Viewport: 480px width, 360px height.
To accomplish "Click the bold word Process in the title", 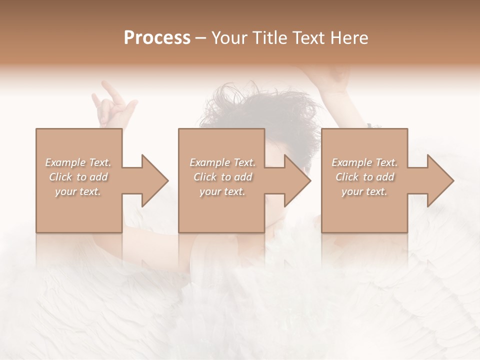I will coord(157,38).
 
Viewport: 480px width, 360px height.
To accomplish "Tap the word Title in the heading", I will coord(268,38).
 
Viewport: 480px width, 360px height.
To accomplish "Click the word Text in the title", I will coord(307,38).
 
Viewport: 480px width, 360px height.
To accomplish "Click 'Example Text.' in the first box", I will coord(78,162).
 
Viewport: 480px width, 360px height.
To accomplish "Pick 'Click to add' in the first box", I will coord(78,177).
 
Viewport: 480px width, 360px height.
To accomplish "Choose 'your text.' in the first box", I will coord(78,191).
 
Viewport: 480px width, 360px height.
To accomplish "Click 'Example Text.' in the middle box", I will coord(222,162).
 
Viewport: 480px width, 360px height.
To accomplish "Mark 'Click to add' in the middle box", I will coord(222,177).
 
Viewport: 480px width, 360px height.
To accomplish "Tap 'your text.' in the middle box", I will coord(222,191).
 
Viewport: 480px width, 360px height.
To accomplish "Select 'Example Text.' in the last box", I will coord(364,162).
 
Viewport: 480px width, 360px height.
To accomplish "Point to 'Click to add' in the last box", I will coord(364,177).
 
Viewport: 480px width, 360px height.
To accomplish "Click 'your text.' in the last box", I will coord(364,191).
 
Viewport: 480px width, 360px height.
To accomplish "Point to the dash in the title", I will coord(201,38).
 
